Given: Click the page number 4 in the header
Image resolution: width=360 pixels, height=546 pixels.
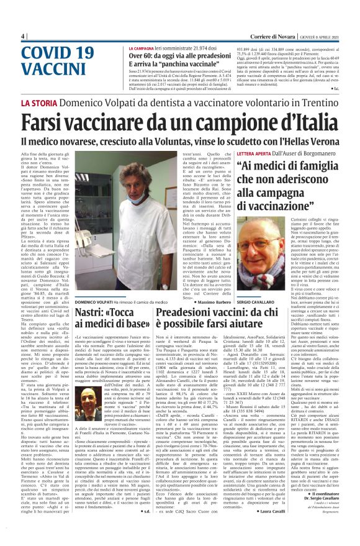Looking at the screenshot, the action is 23,36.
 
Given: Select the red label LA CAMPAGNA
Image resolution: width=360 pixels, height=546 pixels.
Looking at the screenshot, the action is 142,48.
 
